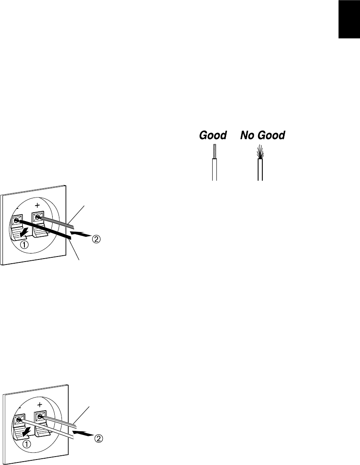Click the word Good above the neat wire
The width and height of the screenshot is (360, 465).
point(213,135)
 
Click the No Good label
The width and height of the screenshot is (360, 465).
point(263,135)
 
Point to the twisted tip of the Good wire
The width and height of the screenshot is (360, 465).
point(215,152)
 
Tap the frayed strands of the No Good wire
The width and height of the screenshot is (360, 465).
point(260,152)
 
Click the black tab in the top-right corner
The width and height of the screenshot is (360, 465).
point(349,19)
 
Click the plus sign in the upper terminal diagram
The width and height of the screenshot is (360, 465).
point(37,205)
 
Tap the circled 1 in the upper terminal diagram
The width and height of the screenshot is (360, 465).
point(24,245)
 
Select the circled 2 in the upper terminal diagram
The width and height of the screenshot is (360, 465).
point(96,239)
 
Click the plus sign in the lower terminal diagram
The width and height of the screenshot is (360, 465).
point(40,404)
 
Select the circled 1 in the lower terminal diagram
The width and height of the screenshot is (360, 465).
point(27,452)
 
